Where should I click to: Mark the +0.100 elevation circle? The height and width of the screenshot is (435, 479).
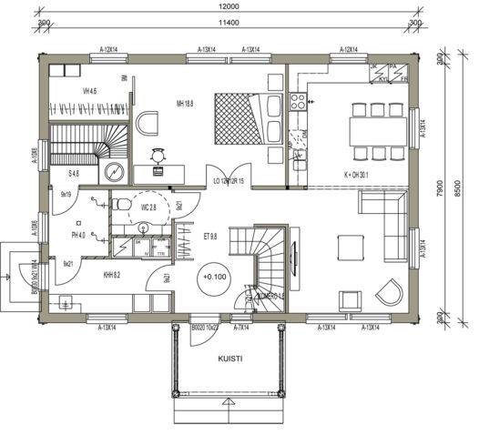[x=216, y=276]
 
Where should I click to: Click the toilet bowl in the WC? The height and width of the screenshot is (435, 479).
[x=120, y=205]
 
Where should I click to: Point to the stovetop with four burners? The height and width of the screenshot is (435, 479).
[x=297, y=103]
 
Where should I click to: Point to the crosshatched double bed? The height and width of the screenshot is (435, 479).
[x=235, y=118]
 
